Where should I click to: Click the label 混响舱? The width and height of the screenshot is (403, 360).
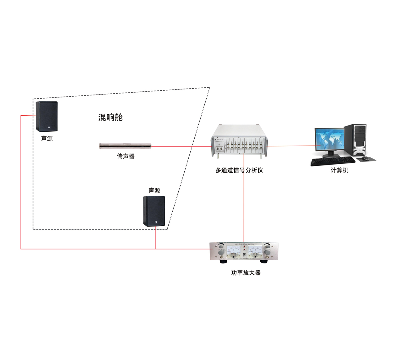coord(110,117)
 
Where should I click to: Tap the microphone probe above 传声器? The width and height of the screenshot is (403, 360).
coord(125,146)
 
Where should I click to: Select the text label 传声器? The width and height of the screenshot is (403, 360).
coord(125,156)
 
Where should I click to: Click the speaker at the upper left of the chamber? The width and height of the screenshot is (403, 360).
coord(47,116)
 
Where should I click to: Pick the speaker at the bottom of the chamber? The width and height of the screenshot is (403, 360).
coord(154,211)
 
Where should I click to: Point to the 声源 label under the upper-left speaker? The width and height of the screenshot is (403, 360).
coord(47,139)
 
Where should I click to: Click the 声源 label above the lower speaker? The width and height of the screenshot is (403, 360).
coord(154,190)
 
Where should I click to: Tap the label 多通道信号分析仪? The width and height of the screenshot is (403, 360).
coord(239,170)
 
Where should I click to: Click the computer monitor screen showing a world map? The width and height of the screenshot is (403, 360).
coord(329,140)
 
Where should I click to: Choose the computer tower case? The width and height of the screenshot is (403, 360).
coord(356,140)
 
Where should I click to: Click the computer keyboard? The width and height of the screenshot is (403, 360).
coord(333,161)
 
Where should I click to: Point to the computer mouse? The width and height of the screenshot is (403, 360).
coord(365,158)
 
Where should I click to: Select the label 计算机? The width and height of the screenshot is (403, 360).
coord(339,170)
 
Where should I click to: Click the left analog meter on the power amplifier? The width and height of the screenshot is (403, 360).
coord(234,251)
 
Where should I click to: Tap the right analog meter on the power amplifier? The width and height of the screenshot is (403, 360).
coord(255,251)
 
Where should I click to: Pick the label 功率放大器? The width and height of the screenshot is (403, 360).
coord(246,273)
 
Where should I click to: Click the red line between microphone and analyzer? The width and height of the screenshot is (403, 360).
coord(180,146)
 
